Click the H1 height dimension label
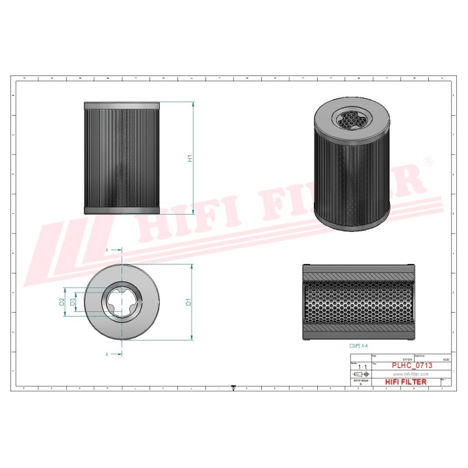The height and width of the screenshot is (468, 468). pyautogui.click(x=190, y=158)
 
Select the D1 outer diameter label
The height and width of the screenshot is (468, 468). pyautogui.click(x=188, y=302)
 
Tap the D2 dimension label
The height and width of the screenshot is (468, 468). pyautogui.click(x=62, y=302)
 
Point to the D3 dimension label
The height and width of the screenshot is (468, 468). pyautogui.click(x=73, y=302)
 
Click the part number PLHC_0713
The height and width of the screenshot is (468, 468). pyautogui.click(x=410, y=366)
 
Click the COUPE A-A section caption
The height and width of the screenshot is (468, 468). pyautogui.click(x=359, y=347)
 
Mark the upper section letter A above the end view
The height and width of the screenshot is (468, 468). pyautogui.click(x=107, y=250)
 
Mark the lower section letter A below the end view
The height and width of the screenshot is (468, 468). pyautogui.click(x=107, y=354)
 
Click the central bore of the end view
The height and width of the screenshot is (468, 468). pyautogui.click(x=122, y=302)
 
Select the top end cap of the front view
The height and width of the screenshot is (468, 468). pyautogui.click(x=122, y=105)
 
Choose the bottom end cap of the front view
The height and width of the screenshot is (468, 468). pyautogui.click(x=122, y=209)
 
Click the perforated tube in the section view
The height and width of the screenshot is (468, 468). pyautogui.click(x=358, y=302)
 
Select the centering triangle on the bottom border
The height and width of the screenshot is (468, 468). pyautogui.click(x=233, y=389)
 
